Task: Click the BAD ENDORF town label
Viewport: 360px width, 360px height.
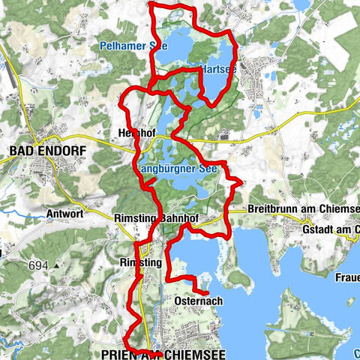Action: click(47, 151)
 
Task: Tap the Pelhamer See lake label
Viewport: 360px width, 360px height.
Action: click(133, 46)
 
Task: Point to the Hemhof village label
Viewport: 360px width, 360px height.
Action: click(136, 133)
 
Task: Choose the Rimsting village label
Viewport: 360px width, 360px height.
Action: click(140, 262)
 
